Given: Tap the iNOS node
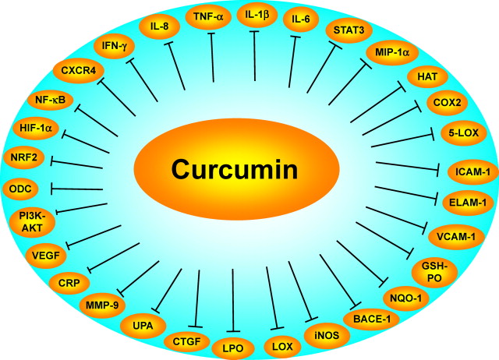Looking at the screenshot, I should [x=321, y=336].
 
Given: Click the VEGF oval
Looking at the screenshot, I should [x=46, y=252].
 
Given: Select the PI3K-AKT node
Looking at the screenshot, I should [x=30, y=222].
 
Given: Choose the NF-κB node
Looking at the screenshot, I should [x=50, y=100].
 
